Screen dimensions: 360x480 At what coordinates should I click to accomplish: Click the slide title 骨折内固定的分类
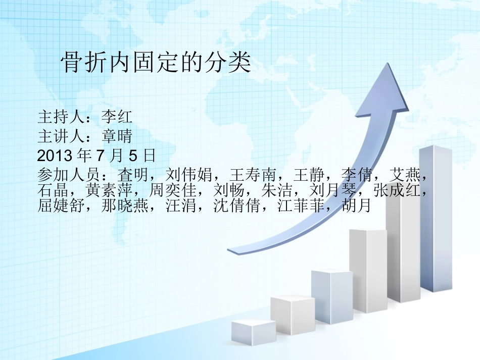coord(156,63)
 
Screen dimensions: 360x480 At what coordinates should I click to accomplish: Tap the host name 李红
coord(117,117)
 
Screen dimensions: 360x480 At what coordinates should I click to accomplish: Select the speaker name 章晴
coord(117,135)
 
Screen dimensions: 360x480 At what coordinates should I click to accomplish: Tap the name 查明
coord(132,175)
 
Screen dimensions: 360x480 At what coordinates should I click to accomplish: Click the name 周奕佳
coord(173,190)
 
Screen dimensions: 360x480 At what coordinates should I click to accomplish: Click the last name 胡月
coord(357,205)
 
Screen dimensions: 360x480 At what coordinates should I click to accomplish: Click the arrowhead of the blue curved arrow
coord(381,93)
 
